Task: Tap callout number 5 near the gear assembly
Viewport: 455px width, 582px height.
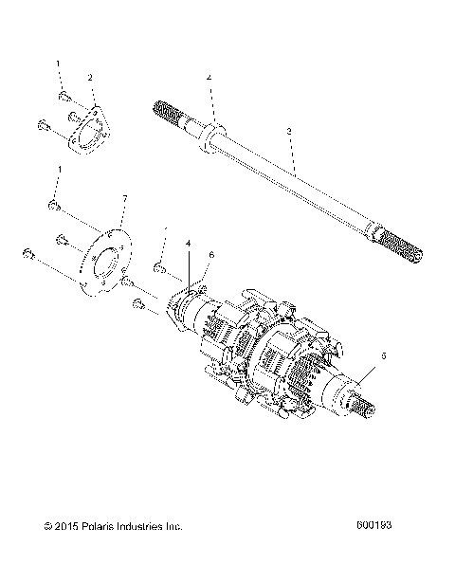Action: pos(383,355)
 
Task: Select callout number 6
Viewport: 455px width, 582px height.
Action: pos(211,255)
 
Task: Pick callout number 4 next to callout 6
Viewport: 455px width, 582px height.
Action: pos(189,244)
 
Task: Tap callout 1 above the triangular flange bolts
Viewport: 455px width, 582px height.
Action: pos(59,64)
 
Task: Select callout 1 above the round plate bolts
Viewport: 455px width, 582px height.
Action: pos(59,169)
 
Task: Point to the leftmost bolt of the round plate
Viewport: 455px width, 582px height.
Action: pos(29,254)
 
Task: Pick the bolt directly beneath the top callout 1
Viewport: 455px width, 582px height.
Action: pos(63,96)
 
